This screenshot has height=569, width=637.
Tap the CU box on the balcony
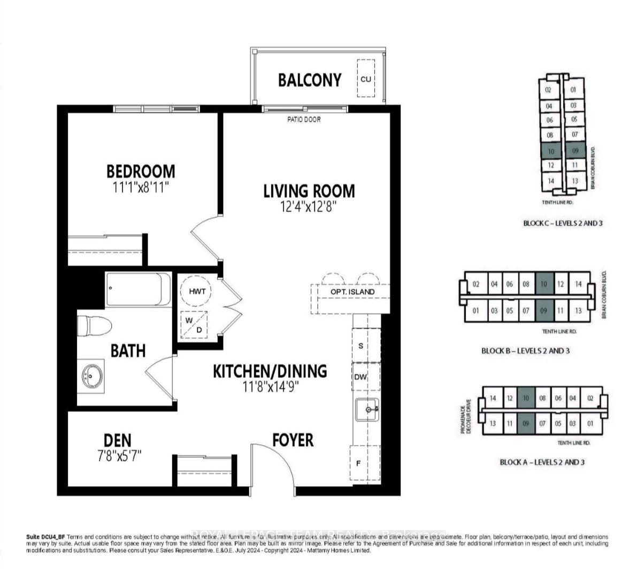click(x=366, y=79)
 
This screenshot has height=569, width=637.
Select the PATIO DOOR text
click(x=304, y=120)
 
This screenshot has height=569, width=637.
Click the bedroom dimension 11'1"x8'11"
click(x=141, y=187)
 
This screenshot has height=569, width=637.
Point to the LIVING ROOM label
click(x=309, y=191)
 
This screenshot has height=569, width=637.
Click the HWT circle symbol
click(x=196, y=291)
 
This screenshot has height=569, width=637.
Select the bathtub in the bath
click(x=139, y=289)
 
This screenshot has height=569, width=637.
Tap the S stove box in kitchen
click(x=361, y=346)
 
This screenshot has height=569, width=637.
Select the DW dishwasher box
click(x=361, y=377)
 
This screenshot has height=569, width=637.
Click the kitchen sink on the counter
click(x=368, y=410)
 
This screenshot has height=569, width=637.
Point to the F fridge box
click(x=359, y=463)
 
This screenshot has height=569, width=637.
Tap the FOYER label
click(x=293, y=440)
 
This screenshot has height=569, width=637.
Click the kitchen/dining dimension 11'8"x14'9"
click(x=270, y=386)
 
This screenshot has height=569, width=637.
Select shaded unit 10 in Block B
click(x=544, y=284)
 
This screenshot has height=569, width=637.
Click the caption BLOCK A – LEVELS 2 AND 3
click(x=542, y=462)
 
